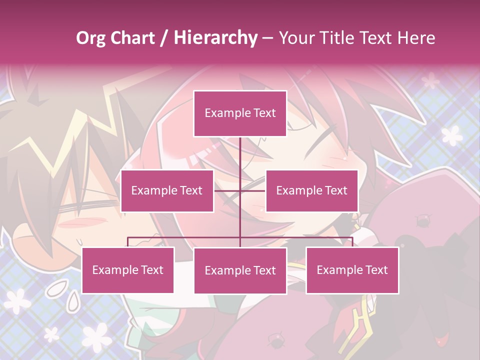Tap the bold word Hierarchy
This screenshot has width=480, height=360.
pyautogui.click(x=215, y=38)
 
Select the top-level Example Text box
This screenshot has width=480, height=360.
pyautogui.click(x=240, y=113)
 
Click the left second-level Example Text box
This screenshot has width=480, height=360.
pyautogui.click(x=167, y=191)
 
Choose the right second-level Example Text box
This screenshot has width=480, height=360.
pyautogui.click(x=311, y=191)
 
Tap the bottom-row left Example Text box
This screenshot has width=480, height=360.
pyautogui.click(x=128, y=270)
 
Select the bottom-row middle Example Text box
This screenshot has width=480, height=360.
pyautogui.click(x=240, y=271)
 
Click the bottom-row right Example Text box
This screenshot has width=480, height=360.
pyautogui.click(x=352, y=270)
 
